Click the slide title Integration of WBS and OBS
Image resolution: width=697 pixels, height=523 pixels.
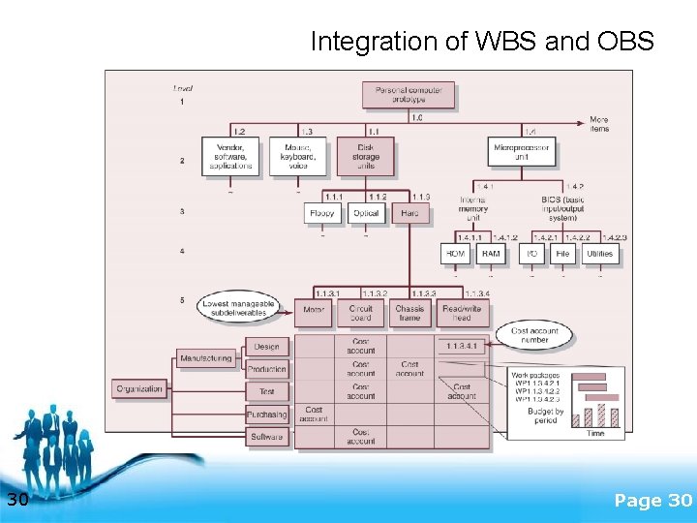[x=482, y=42]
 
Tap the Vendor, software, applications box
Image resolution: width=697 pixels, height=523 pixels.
[x=230, y=155]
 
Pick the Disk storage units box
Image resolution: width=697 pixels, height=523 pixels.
[x=366, y=156]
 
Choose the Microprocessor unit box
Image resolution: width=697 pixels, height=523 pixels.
[x=524, y=151]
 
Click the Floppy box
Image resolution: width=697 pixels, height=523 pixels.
[x=321, y=213]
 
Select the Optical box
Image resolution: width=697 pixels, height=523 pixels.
[x=366, y=213]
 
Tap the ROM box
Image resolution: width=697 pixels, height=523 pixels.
[x=456, y=254]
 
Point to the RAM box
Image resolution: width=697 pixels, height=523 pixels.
[x=492, y=254]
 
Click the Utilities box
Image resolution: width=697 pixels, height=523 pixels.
[x=599, y=254]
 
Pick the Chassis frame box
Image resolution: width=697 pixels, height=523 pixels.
[x=409, y=312]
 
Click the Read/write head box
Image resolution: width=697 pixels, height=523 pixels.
[x=462, y=312]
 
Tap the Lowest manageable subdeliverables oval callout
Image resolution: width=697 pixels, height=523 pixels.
[x=238, y=308]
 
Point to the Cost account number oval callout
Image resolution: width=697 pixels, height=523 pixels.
[x=541, y=334]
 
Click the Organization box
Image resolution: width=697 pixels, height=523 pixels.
[x=139, y=389]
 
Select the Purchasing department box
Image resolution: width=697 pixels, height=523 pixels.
[x=266, y=415]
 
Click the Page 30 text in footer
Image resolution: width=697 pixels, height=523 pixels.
[x=652, y=500]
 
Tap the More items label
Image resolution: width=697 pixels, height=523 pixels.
[x=599, y=124]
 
